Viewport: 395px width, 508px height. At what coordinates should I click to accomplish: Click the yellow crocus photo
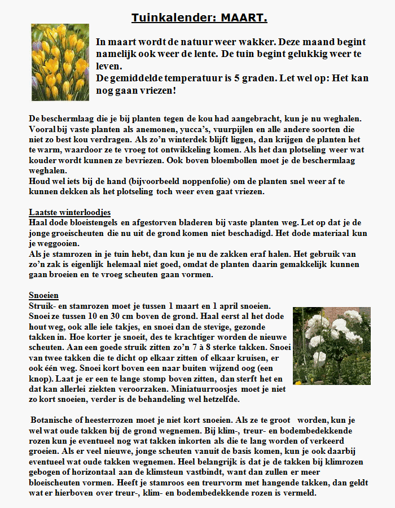60,62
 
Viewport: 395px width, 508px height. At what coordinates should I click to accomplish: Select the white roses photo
331,345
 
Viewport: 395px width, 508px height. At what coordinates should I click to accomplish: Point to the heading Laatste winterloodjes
70,212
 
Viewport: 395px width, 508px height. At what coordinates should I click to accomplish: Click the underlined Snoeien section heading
44,295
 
